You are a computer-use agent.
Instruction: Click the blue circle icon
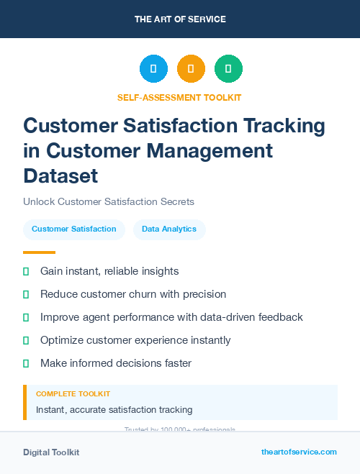153,69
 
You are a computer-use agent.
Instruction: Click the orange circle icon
191,69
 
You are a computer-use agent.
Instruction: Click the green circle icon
228,69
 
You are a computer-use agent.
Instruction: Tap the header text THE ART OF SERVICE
180,19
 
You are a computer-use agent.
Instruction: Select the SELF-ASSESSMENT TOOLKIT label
179,97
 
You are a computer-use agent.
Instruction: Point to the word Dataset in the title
60,175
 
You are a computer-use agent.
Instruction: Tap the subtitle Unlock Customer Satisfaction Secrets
109,202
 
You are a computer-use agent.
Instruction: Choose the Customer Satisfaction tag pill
74,229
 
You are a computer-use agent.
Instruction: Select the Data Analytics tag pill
169,229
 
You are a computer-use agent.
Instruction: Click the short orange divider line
39,252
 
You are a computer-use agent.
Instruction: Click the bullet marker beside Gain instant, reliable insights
26,271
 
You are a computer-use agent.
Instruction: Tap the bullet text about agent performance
171,317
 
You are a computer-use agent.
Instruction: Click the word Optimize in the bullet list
63,340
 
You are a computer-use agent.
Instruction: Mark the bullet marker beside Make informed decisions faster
26,363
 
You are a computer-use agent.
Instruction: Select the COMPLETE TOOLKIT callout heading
73,394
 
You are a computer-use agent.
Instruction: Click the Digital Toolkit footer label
51,452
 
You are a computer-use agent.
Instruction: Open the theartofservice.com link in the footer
299,452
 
